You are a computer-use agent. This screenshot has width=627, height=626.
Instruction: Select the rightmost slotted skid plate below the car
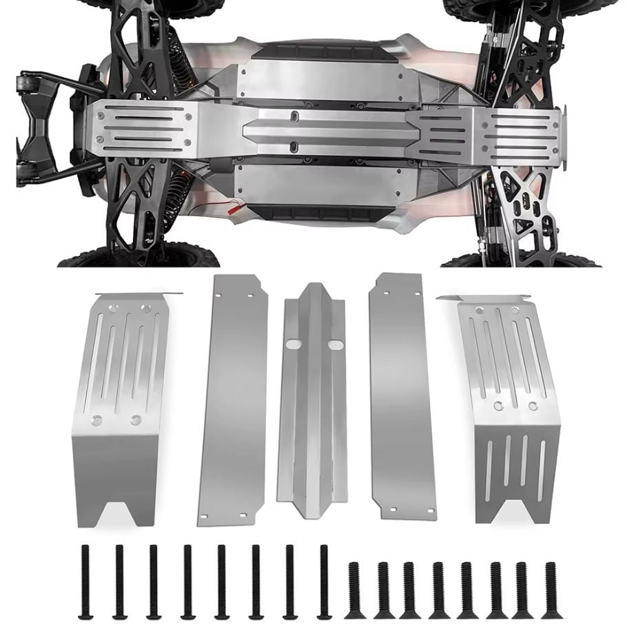tap(503, 406)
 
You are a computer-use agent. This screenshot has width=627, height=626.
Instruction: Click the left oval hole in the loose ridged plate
tap(294, 342)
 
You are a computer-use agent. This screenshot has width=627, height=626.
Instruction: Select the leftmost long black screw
tap(85, 581)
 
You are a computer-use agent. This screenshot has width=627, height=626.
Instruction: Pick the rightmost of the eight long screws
tap(322, 581)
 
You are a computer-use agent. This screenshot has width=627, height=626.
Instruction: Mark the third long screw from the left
tap(153, 581)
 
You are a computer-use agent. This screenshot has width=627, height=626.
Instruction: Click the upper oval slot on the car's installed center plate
tap(294, 116)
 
